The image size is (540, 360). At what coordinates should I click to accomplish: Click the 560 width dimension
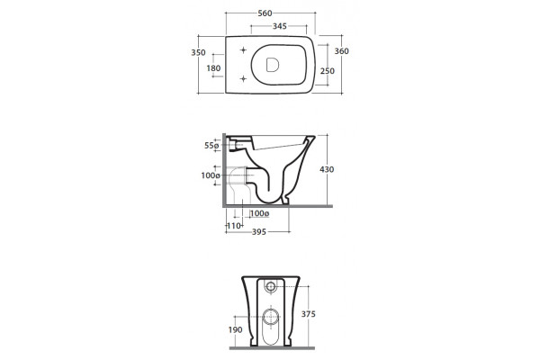[265, 13]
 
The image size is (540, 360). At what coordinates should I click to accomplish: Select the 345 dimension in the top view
[280, 26]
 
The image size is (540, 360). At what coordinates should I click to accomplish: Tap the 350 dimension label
[198, 53]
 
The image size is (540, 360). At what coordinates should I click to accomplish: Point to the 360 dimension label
[342, 51]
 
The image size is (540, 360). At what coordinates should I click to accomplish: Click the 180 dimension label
[213, 68]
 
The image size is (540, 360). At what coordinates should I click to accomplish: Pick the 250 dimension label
[328, 71]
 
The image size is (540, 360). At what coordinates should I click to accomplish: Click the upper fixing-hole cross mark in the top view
[244, 50]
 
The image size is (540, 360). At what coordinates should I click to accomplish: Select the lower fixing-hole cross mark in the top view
[244, 79]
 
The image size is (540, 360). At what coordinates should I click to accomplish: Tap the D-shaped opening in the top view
[273, 65]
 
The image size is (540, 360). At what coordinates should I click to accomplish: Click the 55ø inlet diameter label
[211, 146]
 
